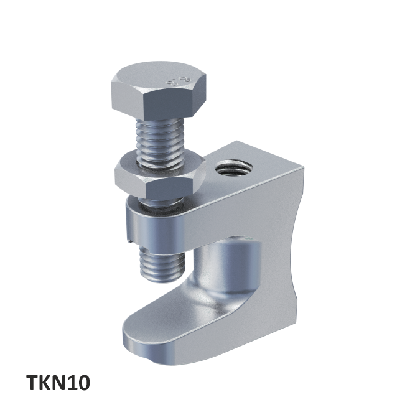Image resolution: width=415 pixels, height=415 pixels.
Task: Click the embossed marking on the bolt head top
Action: click(176, 80)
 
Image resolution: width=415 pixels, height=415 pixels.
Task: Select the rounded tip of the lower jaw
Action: click(134, 339)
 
